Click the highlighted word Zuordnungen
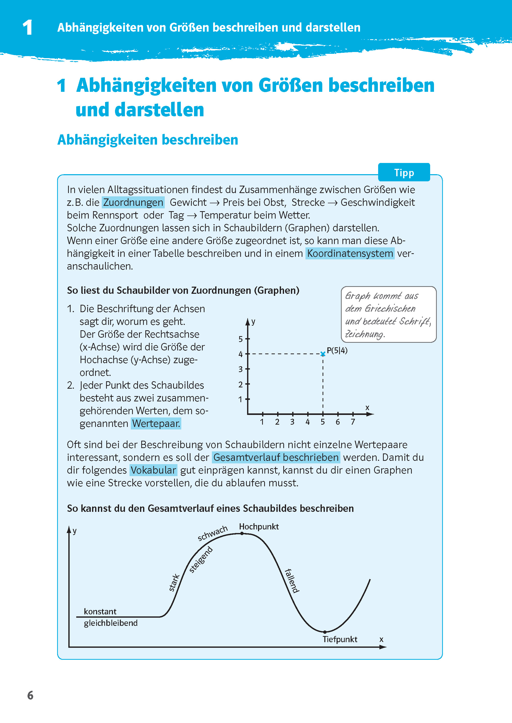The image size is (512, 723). coord(133,202)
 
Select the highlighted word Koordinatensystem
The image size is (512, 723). coord(350,253)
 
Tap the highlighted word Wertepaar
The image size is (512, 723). coord(156,423)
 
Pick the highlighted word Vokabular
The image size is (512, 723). coord(153,470)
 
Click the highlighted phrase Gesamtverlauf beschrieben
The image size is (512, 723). coord(276,457)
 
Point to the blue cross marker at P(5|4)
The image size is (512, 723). coord(323,354)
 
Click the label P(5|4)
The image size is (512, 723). coord(337,350)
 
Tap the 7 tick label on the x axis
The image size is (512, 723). coord(353,422)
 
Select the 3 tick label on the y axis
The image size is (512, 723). coord(240,369)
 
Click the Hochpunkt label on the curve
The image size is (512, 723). coord(259,527)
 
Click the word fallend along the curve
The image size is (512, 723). coord(292,580)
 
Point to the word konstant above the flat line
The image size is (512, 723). coord(100,611)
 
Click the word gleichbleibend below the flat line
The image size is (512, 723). coord(111,623)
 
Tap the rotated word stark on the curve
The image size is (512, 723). coord(174,582)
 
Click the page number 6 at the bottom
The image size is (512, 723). coord(30,695)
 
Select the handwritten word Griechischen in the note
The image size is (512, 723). coord(390,308)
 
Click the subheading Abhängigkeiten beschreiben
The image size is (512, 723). coord(148,140)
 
